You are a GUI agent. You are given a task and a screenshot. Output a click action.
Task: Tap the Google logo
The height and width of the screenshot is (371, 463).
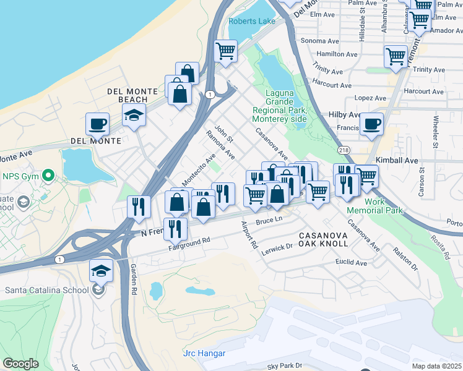20,364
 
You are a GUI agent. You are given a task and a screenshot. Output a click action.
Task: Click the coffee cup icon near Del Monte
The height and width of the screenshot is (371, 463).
97,124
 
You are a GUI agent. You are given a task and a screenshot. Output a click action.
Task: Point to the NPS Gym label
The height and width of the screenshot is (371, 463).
20,176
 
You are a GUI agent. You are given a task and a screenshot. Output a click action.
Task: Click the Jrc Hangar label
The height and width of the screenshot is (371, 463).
204,354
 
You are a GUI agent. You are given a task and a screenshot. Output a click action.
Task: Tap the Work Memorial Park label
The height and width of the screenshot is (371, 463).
383,206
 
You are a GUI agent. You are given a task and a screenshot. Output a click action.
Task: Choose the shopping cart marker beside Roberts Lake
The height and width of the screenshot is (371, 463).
226,50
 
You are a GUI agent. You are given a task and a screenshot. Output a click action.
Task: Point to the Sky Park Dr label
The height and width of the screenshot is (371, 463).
284,365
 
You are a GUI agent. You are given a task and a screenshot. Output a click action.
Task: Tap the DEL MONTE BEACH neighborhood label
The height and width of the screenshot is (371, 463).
128,95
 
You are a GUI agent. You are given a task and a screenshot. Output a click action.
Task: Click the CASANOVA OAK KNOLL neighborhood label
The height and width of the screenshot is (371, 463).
323,239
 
